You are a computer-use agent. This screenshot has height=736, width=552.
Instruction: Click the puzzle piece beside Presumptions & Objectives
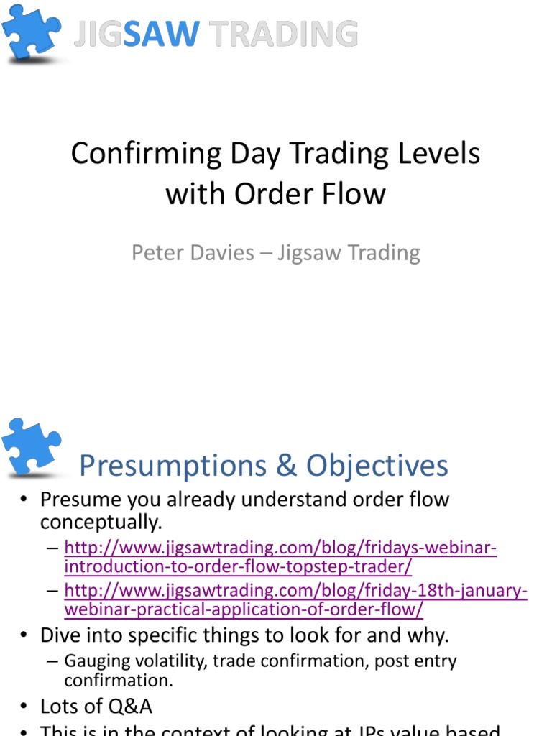coord(32,447)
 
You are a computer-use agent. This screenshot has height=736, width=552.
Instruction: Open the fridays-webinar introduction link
coord(280,558)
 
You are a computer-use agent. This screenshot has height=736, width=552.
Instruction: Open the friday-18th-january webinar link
coord(295,600)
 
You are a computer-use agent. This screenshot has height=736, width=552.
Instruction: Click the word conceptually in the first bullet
coord(101,521)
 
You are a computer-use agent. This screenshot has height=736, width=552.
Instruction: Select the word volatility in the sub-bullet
coord(167,661)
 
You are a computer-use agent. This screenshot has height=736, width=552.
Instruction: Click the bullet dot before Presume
coord(24,499)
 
